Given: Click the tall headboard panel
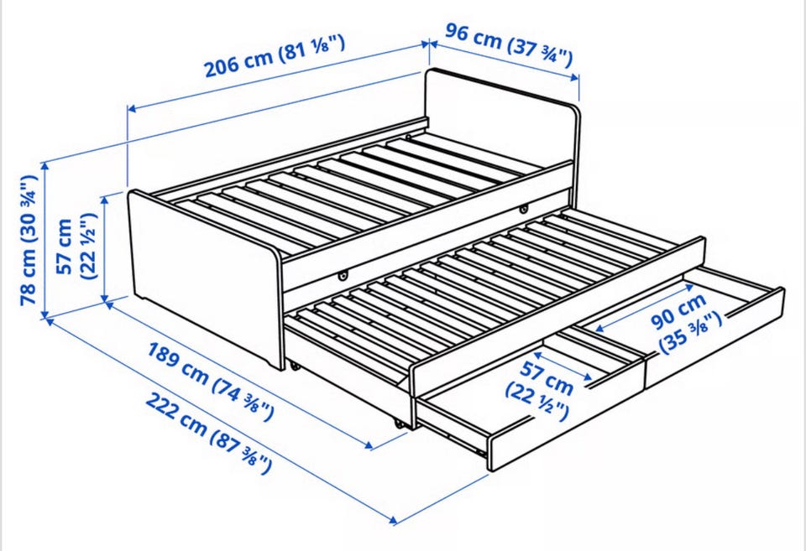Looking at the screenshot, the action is pyautogui.click(x=502, y=119).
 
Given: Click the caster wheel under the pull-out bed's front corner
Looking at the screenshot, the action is pyautogui.click(x=398, y=424).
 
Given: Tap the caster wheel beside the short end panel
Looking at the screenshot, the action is pyautogui.click(x=294, y=366).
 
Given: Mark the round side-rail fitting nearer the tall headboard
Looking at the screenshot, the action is pyautogui.click(x=524, y=209).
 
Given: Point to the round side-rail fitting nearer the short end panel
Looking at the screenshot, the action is pyautogui.click(x=343, y=277).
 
